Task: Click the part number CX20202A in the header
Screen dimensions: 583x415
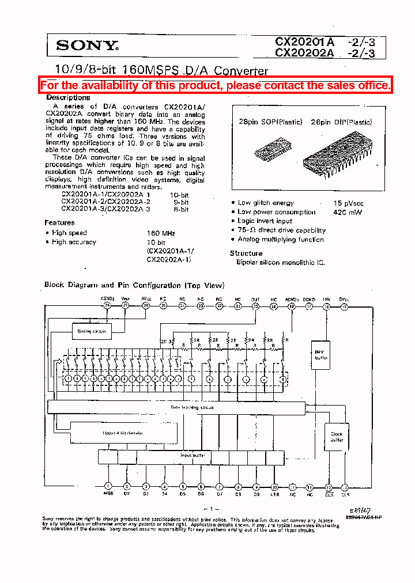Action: pos(304,54)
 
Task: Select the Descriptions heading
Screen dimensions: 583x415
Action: pos(68,97)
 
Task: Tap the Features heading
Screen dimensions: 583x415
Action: pos(59,222)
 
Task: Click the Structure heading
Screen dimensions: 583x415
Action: pos(246,253)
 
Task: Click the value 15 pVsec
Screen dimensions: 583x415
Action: pos(348,203)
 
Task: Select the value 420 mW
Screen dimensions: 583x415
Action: pos(346,212)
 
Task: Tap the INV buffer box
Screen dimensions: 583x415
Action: pos(321,354)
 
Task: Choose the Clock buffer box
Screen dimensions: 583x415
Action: pos(336,437)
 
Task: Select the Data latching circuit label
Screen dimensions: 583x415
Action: pos(192,407)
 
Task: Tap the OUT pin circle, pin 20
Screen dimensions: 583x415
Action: pos(255,306)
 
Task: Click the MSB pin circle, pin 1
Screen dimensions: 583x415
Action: pos(108,486)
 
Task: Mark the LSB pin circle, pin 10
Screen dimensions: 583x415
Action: pos(274,486)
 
